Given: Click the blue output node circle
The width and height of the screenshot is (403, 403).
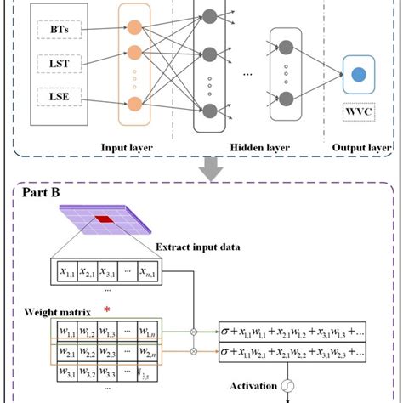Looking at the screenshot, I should pyautogui.click(x=360, y=75).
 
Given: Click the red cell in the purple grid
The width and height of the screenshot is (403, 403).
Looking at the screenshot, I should pyautogui.click(x=103, y=220).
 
